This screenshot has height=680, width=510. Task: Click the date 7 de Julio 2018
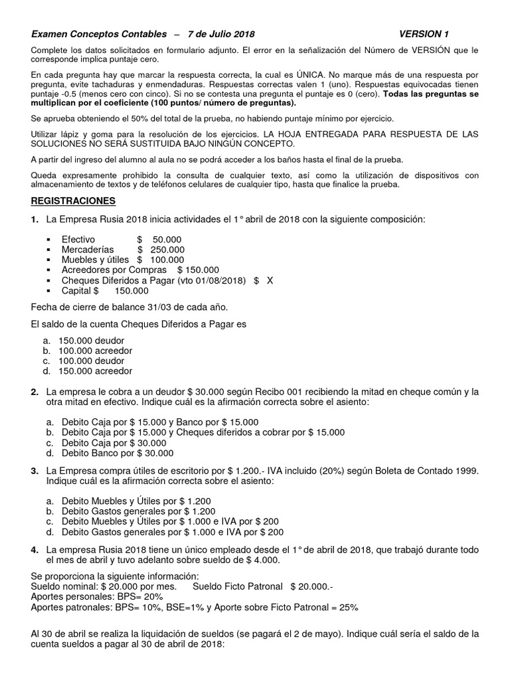(x=221, y=34)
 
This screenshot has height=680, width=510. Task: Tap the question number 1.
(x=34, y=220)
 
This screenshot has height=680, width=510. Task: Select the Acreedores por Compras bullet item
(x=139, y=270)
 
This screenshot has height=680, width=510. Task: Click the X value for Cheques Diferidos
(x=270, y=280)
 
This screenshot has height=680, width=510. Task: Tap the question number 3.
(x=34, y=470)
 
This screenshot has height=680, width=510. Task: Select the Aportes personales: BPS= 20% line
(x=92, y=596)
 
